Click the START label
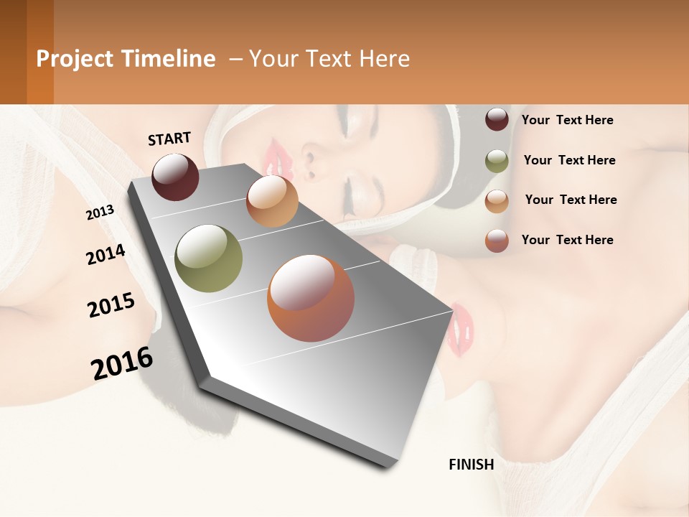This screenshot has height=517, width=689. pos(169,139)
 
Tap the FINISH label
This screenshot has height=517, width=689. pos(471,465)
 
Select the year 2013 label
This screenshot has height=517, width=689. pos(100,212)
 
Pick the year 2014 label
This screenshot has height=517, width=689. pos(106,254)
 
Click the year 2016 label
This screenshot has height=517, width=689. pos(122,363)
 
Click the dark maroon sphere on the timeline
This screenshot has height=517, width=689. pos(175,177)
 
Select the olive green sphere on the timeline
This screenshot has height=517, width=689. pos(208,258)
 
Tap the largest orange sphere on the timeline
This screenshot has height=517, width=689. pos(311,298)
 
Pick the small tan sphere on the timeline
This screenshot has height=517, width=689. pos(272,201)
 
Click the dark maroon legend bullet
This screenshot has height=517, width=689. pos(497,119)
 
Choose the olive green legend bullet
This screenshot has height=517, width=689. pos(497,161)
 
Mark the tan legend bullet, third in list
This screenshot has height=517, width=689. pos(497,201)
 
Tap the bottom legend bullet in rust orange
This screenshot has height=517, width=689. pos(497,241)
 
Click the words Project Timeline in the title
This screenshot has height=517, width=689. pos(126,59)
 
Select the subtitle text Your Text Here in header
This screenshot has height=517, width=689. pos(329,59)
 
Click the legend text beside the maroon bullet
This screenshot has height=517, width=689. pos(567,120)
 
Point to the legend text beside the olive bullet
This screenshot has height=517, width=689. pos(569,160)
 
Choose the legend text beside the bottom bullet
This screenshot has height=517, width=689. pos(567,240)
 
